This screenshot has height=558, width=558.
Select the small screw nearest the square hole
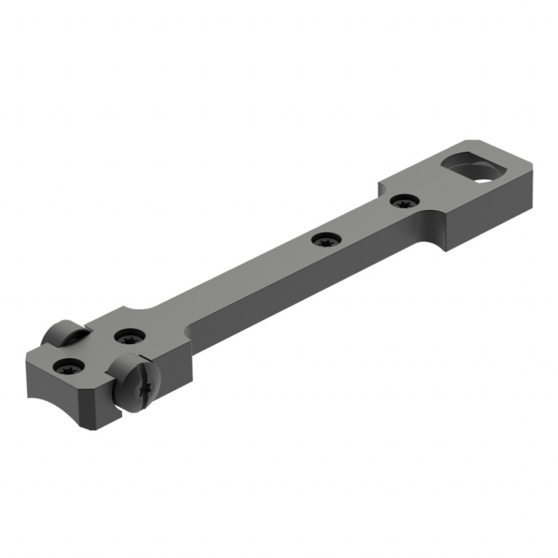click(x=403, y=201)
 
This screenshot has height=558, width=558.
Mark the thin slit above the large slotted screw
click(x=142, y=360)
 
